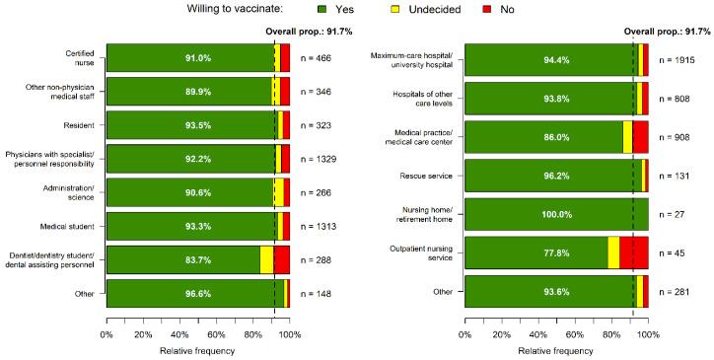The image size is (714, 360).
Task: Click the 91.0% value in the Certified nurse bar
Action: click(x=189, y=58)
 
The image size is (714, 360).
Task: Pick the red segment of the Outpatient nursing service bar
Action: click(x=634, y=252)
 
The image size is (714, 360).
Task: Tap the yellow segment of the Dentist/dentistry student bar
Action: click(x=266, y=260)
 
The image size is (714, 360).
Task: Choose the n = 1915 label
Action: click(x=679, y=60)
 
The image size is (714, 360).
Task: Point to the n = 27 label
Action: click(x=673, y=214)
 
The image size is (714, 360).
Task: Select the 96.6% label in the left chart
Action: click(x=189, y=294)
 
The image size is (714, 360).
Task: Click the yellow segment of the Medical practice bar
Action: click(x=627, y=137)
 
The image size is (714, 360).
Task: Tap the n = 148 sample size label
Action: click(x=318, y=294)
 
